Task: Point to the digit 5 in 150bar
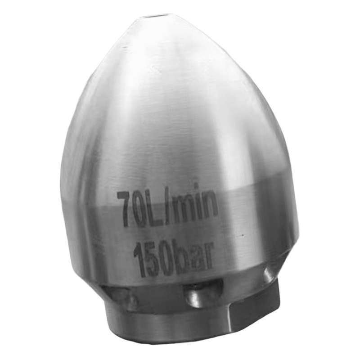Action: point(151,260)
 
